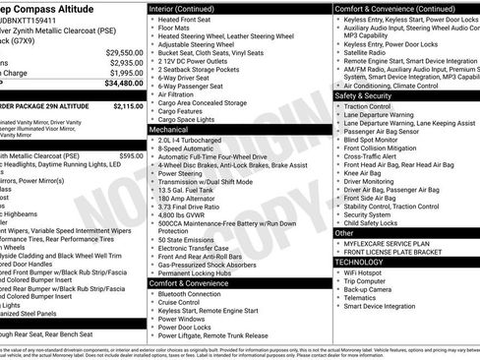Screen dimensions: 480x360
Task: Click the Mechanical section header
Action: (x=169, y=129)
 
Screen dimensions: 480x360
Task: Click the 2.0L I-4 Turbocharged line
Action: (x=196, y=140)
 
